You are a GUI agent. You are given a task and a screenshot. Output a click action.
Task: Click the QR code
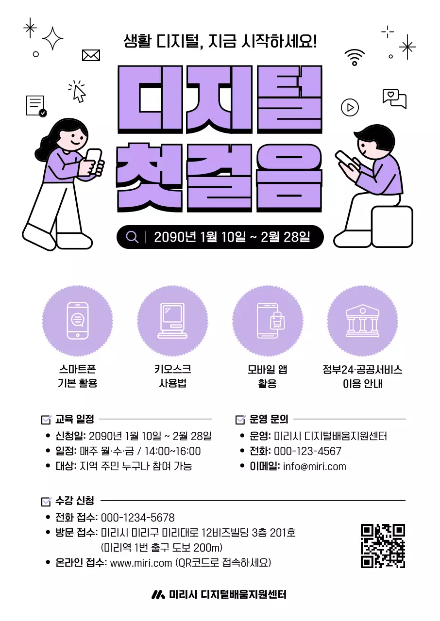[383, 545]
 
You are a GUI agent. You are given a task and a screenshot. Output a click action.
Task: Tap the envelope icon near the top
[91, 55]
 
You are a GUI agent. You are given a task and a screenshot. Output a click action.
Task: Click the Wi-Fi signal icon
[355, 57]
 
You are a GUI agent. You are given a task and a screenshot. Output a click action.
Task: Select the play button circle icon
[350, 107]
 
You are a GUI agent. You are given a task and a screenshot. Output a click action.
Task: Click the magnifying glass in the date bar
[132, 237]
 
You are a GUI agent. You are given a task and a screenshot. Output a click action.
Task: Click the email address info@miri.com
[315, 467]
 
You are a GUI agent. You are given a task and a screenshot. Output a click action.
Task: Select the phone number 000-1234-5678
[137, 518]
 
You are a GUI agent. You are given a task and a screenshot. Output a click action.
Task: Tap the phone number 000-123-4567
[307, 451]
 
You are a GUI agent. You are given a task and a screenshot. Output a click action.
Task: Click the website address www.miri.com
[141, 563]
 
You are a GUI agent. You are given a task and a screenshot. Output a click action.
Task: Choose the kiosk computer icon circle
[172, 320]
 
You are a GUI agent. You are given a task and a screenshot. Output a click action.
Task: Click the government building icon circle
[362, 320]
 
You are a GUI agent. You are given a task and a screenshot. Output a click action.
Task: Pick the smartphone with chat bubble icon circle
[78, 320]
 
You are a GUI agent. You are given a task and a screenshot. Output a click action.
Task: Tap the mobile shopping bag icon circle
[268, 320]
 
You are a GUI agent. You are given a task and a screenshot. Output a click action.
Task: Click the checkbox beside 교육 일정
[47, 420]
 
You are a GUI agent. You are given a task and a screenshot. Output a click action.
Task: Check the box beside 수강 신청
[47, 501]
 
